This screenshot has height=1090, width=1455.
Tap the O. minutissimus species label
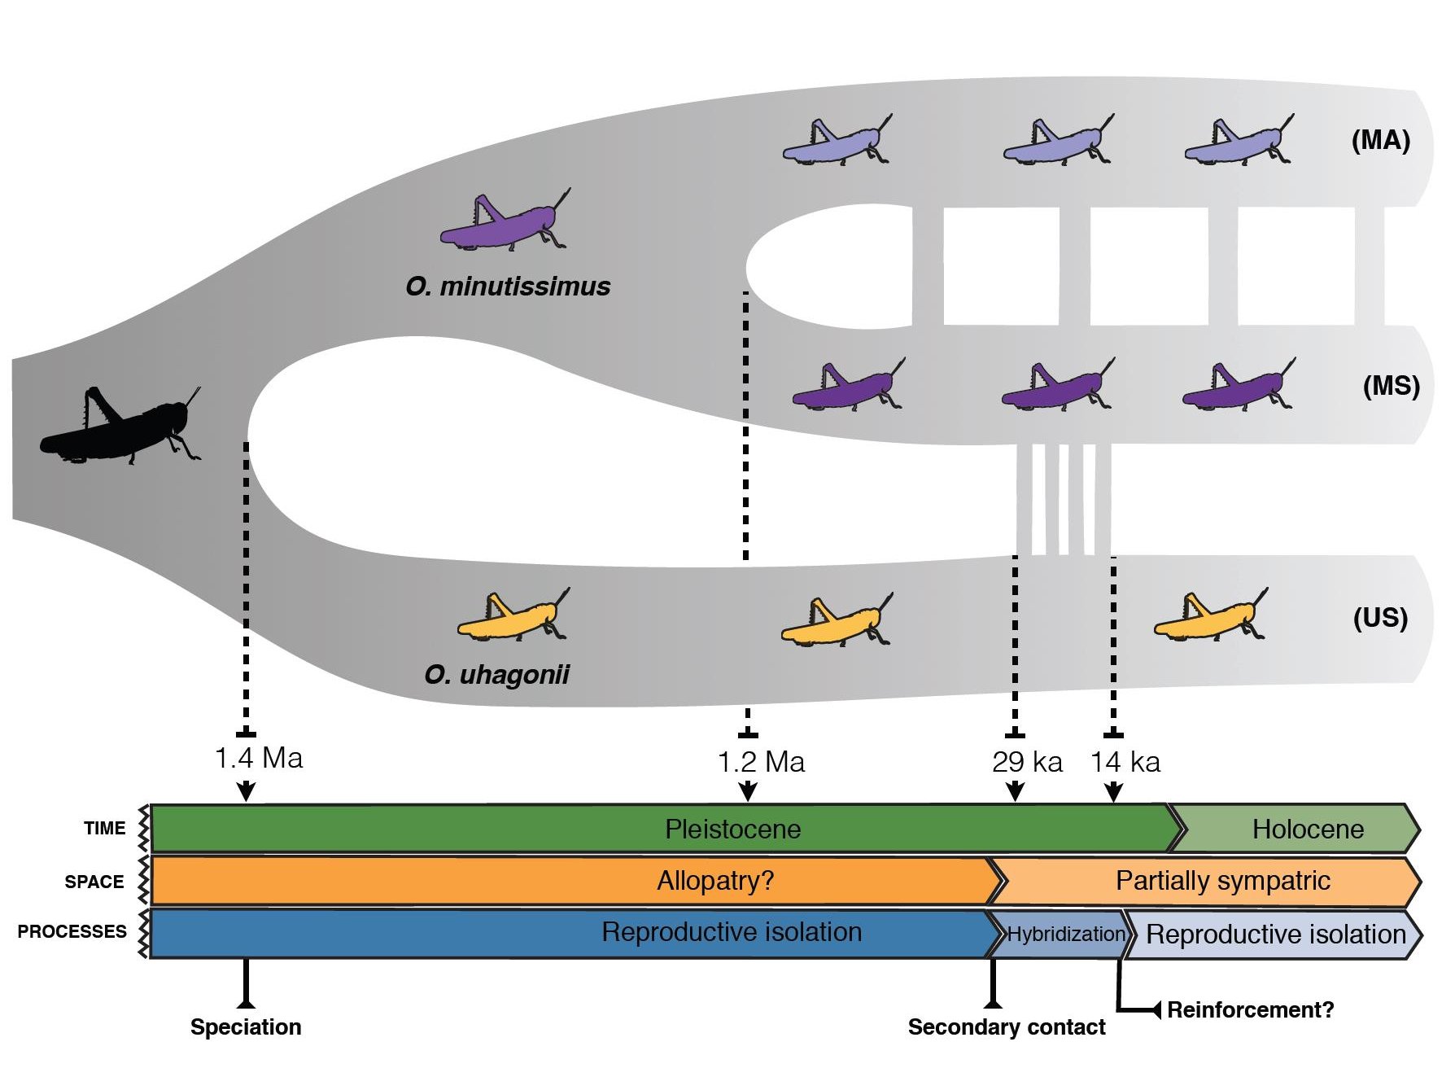point(508,287)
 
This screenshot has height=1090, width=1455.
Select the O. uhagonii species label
point(496,674)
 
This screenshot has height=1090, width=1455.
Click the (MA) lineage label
point(1380,140)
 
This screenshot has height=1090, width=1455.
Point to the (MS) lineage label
point(1391,385)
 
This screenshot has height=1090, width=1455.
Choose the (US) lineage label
point(1380,617)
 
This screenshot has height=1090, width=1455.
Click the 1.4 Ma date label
point(258,758)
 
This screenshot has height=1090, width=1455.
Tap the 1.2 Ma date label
point(761,762)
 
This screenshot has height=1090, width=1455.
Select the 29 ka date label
point(1027,762)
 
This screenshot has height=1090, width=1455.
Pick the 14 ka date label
point(1125,762)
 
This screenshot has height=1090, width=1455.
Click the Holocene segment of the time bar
point(1307,829)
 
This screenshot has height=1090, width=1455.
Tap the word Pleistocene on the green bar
point(732,829)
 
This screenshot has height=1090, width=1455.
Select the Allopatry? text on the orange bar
point(715,881)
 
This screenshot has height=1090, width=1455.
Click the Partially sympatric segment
point(1222,881)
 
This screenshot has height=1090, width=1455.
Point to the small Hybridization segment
point(1065,934)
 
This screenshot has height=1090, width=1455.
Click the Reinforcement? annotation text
point(1250,1010)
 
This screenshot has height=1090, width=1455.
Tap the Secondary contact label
point(1006,1027)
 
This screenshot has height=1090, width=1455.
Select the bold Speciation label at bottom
point(246,1027)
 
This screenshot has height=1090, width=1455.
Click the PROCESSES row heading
point(72,931)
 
